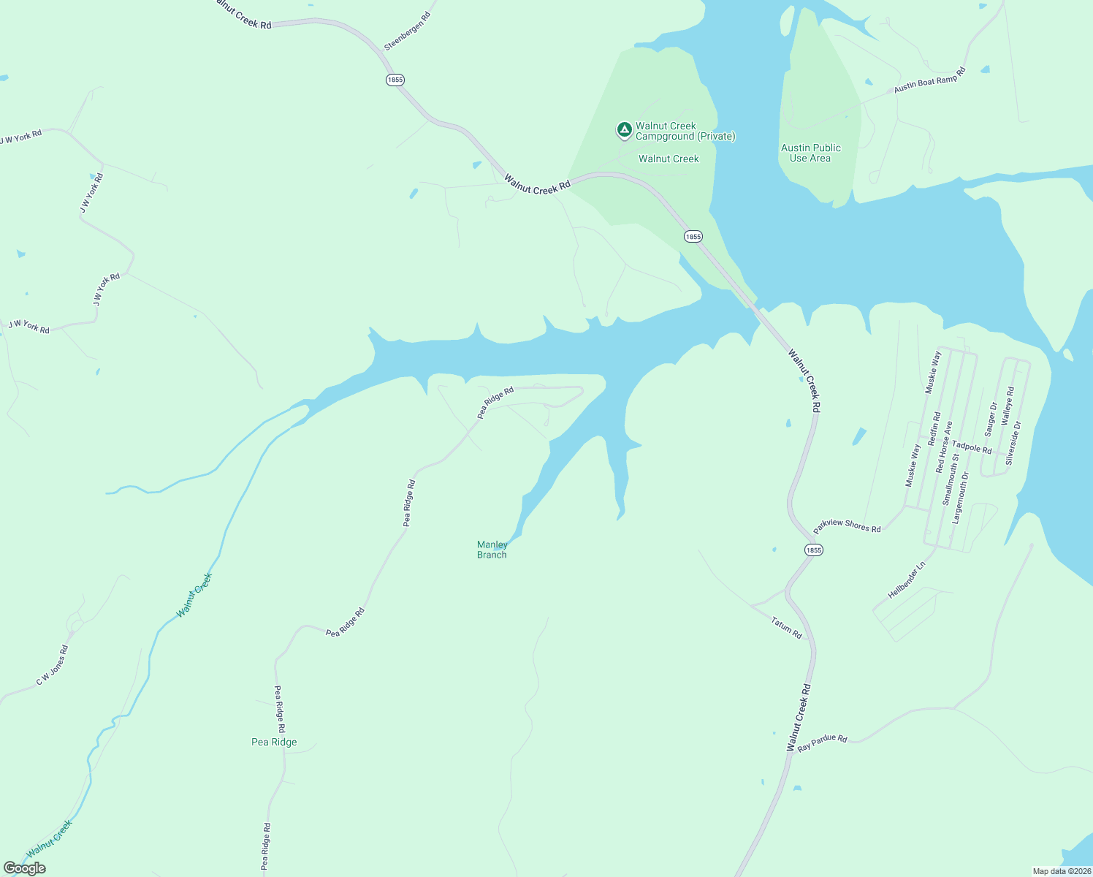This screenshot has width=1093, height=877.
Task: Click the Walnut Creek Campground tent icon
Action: pos(624,130)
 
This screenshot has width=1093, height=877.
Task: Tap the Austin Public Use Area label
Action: pos(810,153)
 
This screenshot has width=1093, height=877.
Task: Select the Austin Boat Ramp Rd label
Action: pos(929,80)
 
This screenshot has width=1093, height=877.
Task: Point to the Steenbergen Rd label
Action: pos(407,31)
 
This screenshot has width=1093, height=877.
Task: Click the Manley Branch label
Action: pos(492,550)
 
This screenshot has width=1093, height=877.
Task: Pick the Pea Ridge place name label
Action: pos(274,742)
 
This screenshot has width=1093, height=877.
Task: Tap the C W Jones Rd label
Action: pos(53,665)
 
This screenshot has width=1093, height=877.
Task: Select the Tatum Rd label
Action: pos(786,628)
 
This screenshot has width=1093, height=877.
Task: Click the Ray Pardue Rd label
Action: pos(822,743)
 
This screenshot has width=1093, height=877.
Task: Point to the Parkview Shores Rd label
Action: pos(848,525)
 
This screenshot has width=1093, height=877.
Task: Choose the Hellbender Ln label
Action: pos(906,580)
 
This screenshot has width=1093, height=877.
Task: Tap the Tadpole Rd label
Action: pos(972,447)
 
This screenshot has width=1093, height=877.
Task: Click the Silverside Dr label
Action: pos(1013,443)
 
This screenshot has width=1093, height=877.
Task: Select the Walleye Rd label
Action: pos(1008,406)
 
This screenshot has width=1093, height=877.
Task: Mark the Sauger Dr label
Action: pos(991,419)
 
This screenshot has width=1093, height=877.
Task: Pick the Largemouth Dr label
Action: pos(960,498)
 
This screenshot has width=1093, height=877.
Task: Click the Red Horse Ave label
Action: pos(944,447)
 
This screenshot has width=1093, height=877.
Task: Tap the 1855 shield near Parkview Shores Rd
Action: pos(813,550)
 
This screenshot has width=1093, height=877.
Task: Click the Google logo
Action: pos(25,868)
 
